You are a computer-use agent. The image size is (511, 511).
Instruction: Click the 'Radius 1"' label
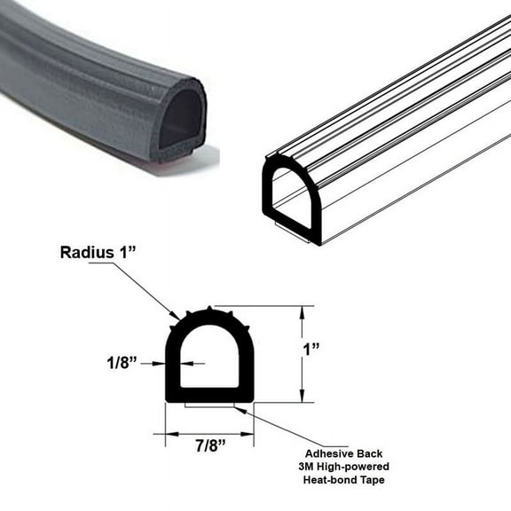click(98, 252)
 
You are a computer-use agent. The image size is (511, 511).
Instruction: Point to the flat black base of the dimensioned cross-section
click(210, 395)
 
